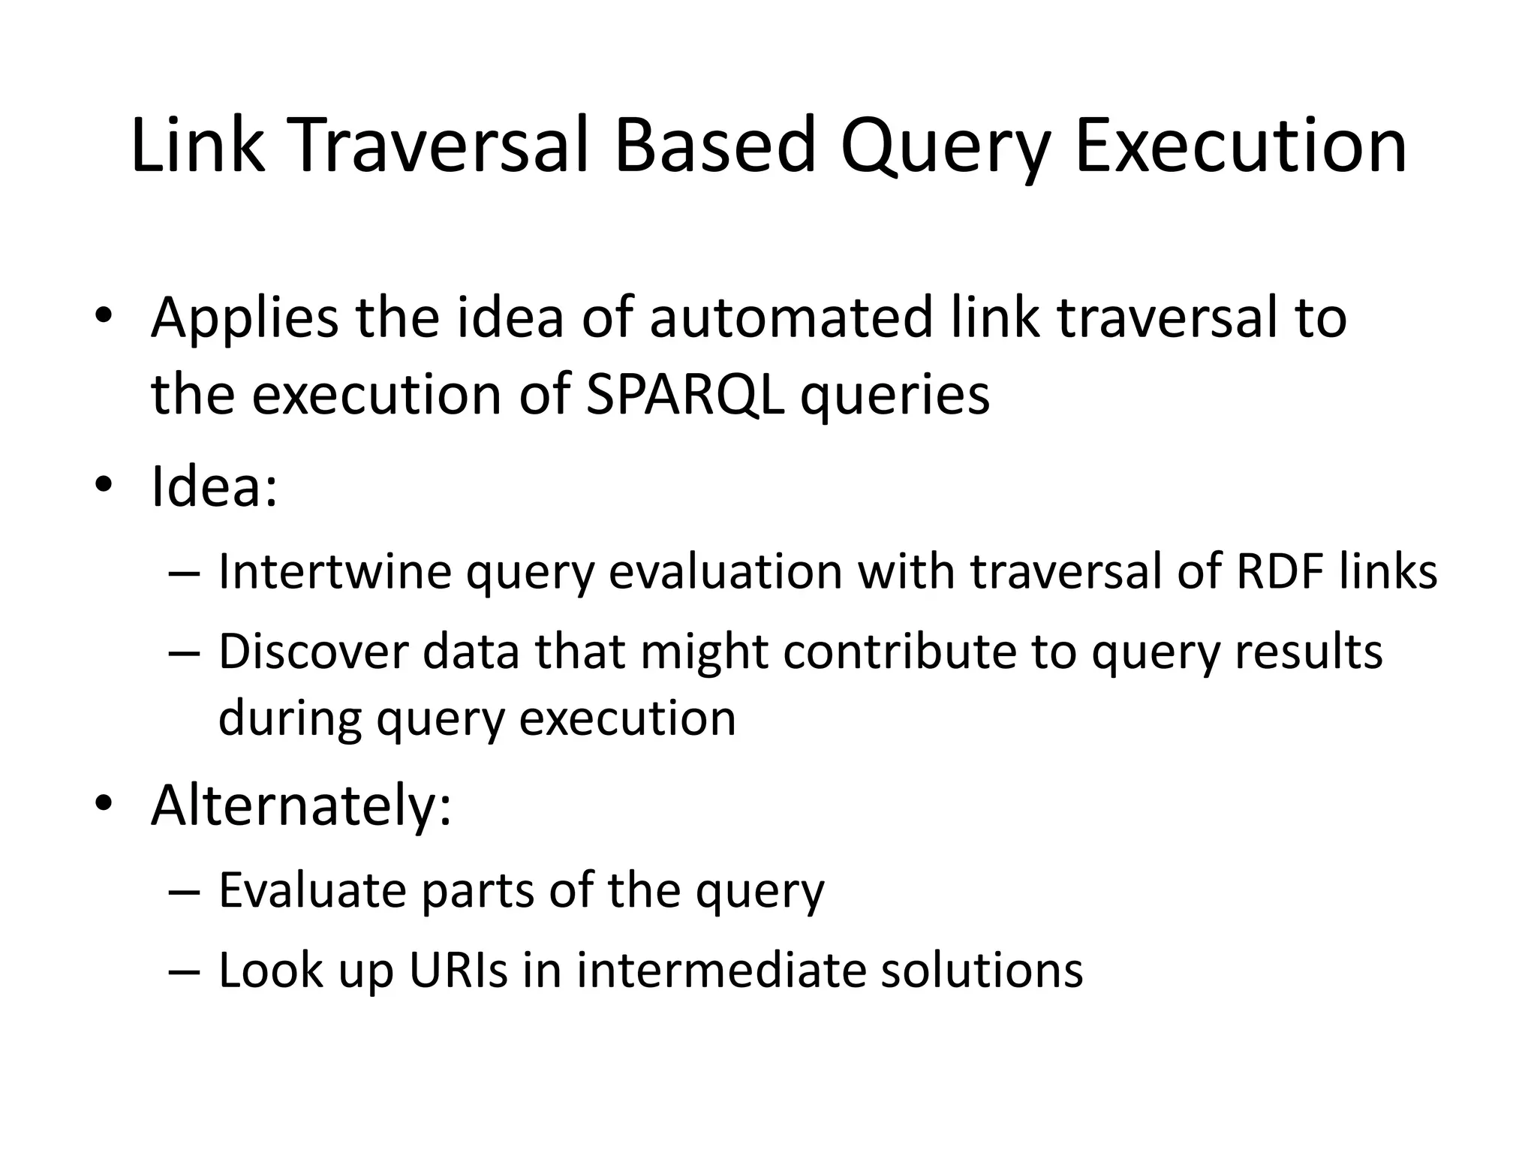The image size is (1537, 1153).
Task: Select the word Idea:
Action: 214,486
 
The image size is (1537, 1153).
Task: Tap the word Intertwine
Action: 335,572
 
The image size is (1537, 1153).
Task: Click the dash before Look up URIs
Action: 185,971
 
